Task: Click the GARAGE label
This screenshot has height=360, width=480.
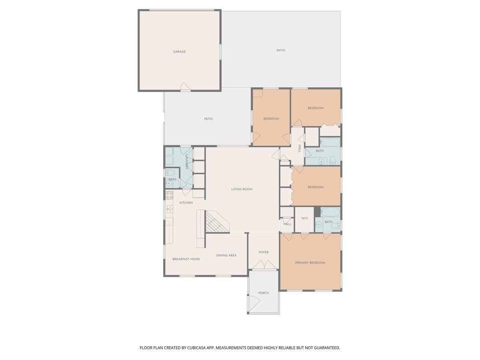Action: (179, 52)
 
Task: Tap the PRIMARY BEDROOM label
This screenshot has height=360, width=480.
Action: (310, 263)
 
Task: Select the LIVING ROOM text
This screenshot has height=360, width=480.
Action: (242, 189)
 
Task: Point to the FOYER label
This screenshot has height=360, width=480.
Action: (264, 252)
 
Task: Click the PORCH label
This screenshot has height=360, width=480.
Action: (264, 293)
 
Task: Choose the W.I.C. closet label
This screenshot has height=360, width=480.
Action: (305, 218)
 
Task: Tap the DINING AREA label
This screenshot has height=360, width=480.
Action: (226, 255)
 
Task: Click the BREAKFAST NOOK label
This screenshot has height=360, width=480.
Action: (186, 259)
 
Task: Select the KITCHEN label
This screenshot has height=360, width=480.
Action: (186, 203)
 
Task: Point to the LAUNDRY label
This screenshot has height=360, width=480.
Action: (187, 162)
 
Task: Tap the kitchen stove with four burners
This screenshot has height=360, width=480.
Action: (169, 195)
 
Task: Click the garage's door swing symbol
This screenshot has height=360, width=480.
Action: (186, 86)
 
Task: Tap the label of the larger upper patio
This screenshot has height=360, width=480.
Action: (281, 50)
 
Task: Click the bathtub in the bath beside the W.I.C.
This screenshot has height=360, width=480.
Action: (330, 212)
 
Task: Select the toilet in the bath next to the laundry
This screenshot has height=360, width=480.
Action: (170, 173)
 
